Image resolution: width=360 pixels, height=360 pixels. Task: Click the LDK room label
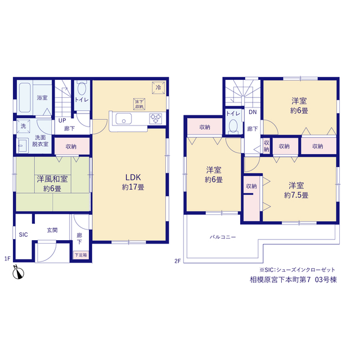133,178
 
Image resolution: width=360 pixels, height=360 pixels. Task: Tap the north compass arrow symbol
18,272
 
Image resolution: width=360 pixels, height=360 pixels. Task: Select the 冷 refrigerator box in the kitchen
159,88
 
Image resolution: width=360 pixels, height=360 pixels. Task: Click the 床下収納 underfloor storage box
139,104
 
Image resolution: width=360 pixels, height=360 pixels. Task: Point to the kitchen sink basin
124,119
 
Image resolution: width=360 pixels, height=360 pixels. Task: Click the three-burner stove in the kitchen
155,119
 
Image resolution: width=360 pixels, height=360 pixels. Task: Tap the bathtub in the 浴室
25,97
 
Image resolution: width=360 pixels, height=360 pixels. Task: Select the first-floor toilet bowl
82,88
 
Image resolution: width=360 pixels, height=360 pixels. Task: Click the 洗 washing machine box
23,126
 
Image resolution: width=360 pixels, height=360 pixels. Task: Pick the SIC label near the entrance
23,235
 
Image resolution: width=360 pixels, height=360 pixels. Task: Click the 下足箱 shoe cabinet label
81,255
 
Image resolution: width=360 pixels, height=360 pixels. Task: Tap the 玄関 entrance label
52,230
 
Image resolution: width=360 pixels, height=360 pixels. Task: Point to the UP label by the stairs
62,120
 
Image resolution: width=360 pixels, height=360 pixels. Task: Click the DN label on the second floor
253,112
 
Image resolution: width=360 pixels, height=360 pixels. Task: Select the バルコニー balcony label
223,237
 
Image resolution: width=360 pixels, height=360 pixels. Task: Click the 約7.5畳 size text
296,195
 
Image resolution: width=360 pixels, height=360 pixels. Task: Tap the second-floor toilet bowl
233,126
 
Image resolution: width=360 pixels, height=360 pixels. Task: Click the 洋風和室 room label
52,179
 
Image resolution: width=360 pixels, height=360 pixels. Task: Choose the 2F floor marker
178,261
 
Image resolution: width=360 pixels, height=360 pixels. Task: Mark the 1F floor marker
7,259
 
